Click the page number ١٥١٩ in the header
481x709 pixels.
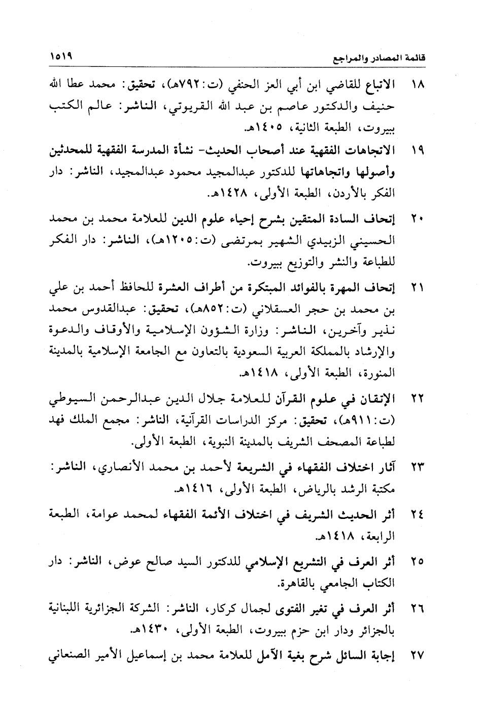[x=61, y=56]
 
